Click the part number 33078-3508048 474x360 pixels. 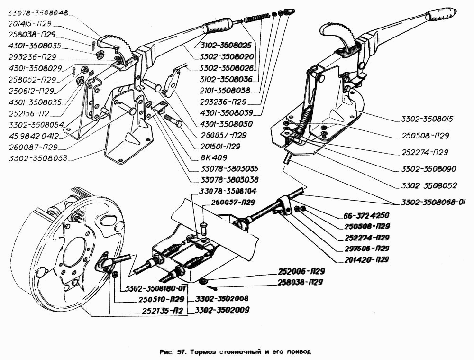38,13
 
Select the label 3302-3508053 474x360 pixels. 38,157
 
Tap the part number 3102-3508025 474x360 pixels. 223,46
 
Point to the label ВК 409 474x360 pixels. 214,157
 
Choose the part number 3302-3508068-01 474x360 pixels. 433,202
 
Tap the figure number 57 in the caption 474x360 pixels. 182,352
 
